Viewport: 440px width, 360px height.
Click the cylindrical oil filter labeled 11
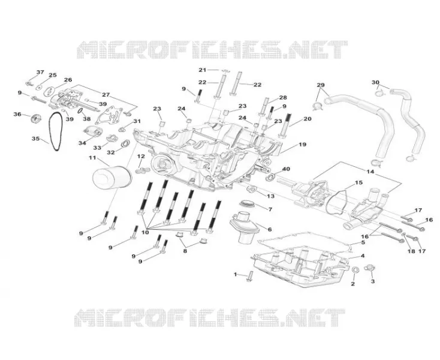[x=111, y=179]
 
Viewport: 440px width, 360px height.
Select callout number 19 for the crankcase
[x=302, y=145]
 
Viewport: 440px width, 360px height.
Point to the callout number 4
[x=362, y=256]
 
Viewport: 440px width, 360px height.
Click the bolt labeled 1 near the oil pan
[x=250, y=277]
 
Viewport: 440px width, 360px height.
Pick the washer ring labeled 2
[x=355, y=269]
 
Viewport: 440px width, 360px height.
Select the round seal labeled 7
[x=246, y=202]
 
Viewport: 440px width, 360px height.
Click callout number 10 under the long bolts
[x=145, y=232]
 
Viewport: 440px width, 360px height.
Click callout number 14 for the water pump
[x=370, y=171]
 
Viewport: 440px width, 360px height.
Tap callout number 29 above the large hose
[x=321, y=85]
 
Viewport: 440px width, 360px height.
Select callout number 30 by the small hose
[x=375, y=82]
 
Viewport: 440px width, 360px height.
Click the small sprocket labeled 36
[x=35, y=118]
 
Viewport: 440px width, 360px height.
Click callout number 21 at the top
[x=203, y=70]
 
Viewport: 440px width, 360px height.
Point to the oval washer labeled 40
[x=272, y=177]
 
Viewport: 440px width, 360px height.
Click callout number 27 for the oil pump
[x=106, y=95]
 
